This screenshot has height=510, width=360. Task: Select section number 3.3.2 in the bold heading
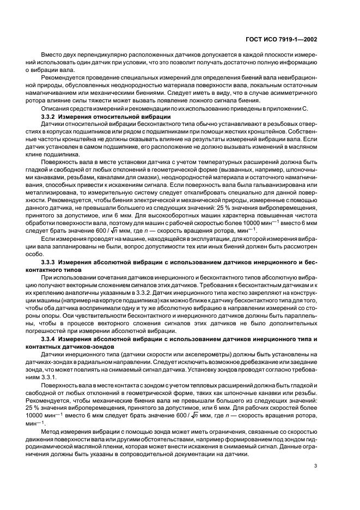pos(50,117)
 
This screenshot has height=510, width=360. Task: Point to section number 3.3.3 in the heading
pos(50,263)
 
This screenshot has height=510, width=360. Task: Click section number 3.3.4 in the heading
pos(50,339)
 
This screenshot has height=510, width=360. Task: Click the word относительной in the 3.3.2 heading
pos(118,117)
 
